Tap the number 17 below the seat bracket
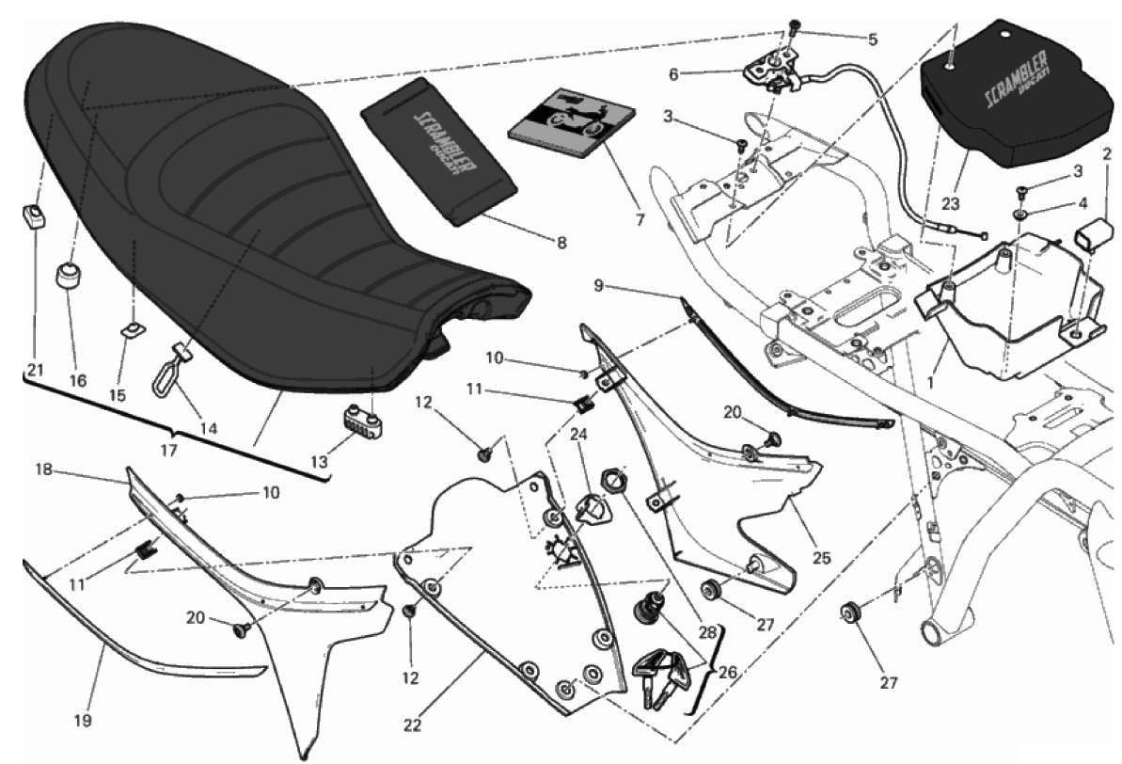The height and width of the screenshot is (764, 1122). tap(168, 451)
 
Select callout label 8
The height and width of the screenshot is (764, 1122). tap(561, 243)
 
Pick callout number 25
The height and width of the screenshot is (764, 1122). tap(821, 558)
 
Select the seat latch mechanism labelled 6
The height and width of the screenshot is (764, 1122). tap(774, 72)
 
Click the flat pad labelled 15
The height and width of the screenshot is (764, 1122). tap(134, 328)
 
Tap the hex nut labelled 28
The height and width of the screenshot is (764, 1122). tap(612, 484)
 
